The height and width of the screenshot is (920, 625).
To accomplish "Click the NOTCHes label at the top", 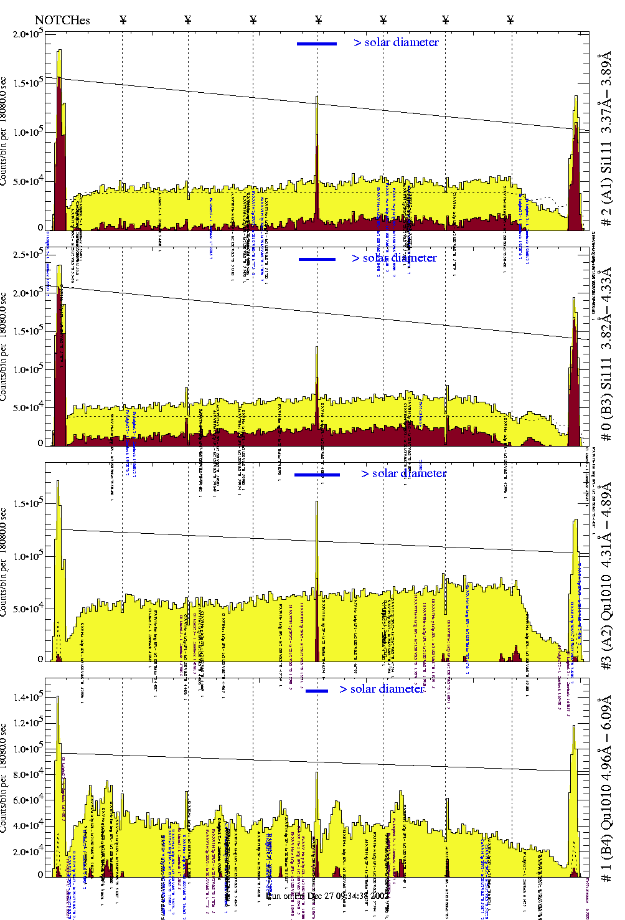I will (62, 20).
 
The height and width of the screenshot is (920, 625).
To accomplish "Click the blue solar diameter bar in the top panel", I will (317, 44).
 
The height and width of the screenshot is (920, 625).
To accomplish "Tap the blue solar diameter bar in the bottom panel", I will (317, 691).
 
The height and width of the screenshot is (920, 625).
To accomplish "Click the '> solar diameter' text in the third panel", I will (403, 473).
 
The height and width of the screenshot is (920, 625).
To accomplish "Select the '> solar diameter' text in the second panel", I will (394, 258).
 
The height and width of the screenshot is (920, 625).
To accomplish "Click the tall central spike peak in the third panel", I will (317, 502).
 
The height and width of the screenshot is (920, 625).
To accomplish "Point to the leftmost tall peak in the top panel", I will (59, 51).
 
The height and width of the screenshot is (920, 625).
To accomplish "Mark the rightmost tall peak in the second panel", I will (576, 299).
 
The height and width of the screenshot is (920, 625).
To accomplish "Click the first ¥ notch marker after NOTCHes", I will (123, 20).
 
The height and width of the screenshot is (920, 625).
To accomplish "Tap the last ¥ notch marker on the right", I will (510, 20).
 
